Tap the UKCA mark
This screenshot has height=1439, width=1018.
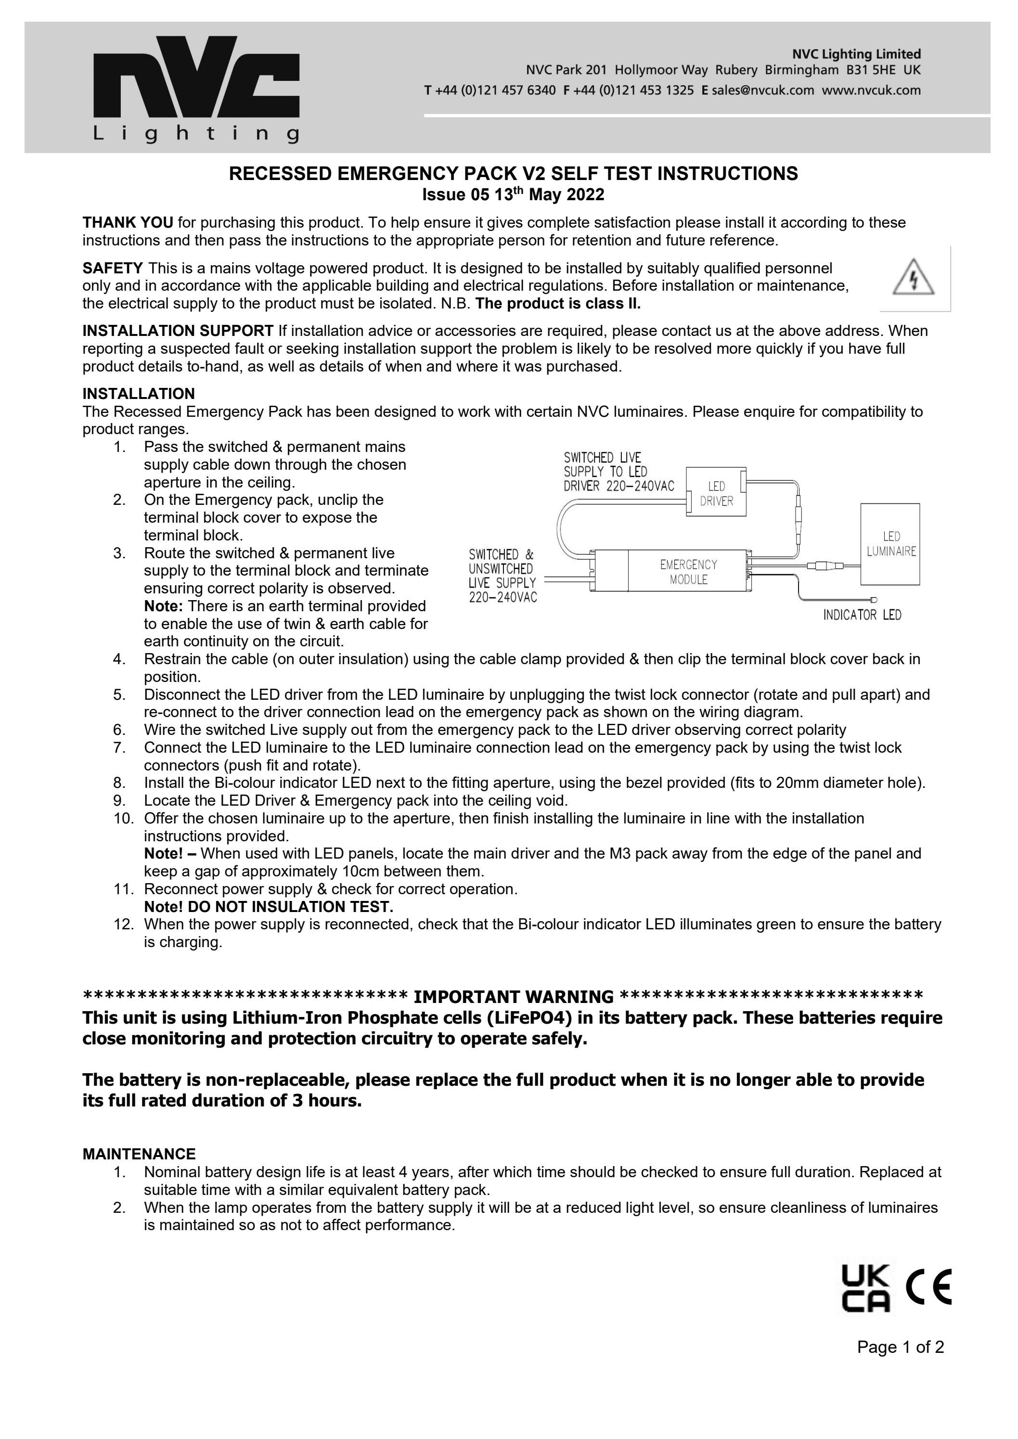[x=864, y=1288]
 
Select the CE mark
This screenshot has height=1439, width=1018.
[x=929, y=1287]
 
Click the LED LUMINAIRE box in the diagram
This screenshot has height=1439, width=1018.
[x=890, y=544]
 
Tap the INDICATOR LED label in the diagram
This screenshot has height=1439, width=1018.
[x=862, y=616]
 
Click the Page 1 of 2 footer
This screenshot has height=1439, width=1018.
[x=900, y=1364]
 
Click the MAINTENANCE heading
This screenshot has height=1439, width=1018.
[x=139, y=1154]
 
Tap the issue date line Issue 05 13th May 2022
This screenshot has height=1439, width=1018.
[x=513, y=195]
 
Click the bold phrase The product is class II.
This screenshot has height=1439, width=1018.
[x=558, y=304]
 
